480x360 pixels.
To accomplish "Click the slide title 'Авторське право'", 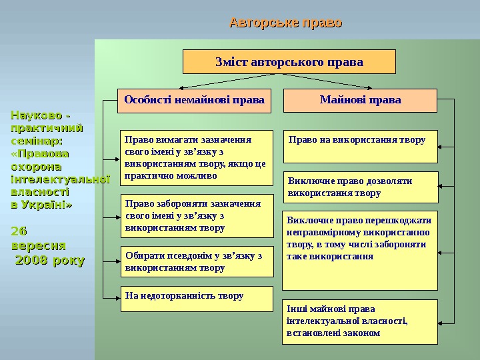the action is [285, 23].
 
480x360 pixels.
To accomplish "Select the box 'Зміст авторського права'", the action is [289, 62].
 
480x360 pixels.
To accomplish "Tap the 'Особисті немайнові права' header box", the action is [194, 101].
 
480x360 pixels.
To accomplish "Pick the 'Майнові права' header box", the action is [360, 101].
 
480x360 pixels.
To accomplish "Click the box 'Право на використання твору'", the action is [361, 147].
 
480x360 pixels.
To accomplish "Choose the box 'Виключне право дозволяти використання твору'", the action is [361, 187].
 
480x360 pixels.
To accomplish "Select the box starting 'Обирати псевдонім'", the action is [197, 261].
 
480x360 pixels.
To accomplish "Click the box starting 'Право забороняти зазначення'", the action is [197, 216].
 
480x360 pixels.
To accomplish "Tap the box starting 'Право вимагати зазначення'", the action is [197, 158].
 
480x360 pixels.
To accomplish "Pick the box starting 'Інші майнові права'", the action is [361, 322].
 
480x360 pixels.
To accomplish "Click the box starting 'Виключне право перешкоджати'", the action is [360, 250].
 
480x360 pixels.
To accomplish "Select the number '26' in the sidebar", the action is [19, 231].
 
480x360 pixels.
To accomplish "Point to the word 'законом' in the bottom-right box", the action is [360, 333].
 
